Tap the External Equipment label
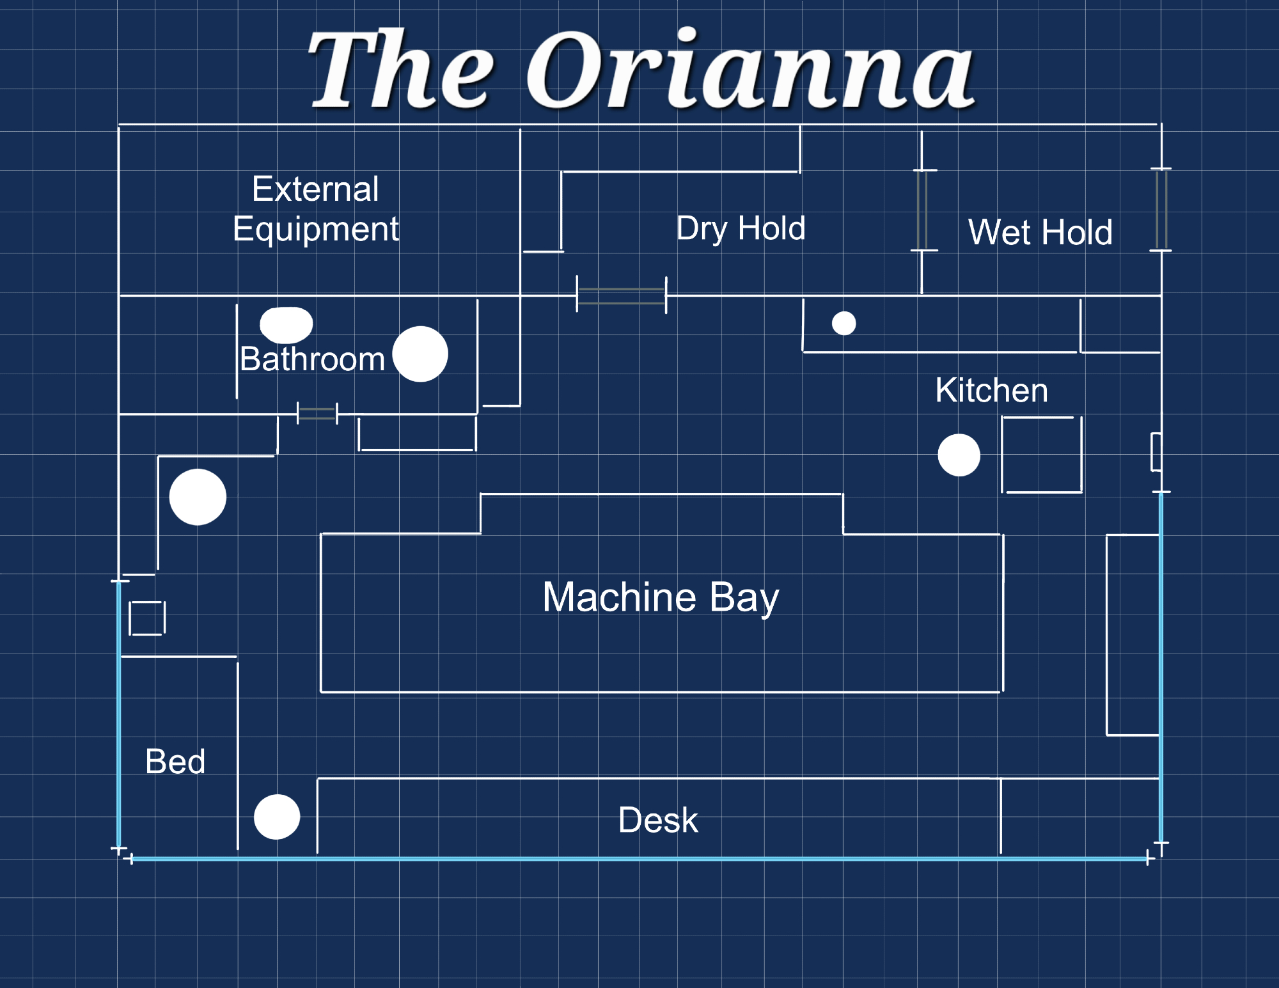coord(316,209)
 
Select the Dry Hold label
coord(741,228)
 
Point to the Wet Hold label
coord(1040,232)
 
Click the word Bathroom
coord(312,359)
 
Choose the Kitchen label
coord(991,390)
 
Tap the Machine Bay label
coord(661,597)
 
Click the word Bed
coord(175,762)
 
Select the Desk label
coord(658,820)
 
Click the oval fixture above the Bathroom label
coord(286,324)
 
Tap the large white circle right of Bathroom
coord(420,354)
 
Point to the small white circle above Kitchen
coord(844,324)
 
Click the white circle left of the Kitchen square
coord(959,455)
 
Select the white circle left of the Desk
coord(277,817)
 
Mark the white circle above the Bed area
coord(198,497)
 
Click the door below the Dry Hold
coord(622,295)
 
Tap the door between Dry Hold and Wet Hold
coord(922,210)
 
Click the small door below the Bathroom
coord(317,414)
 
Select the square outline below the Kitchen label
coord(1042,455)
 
